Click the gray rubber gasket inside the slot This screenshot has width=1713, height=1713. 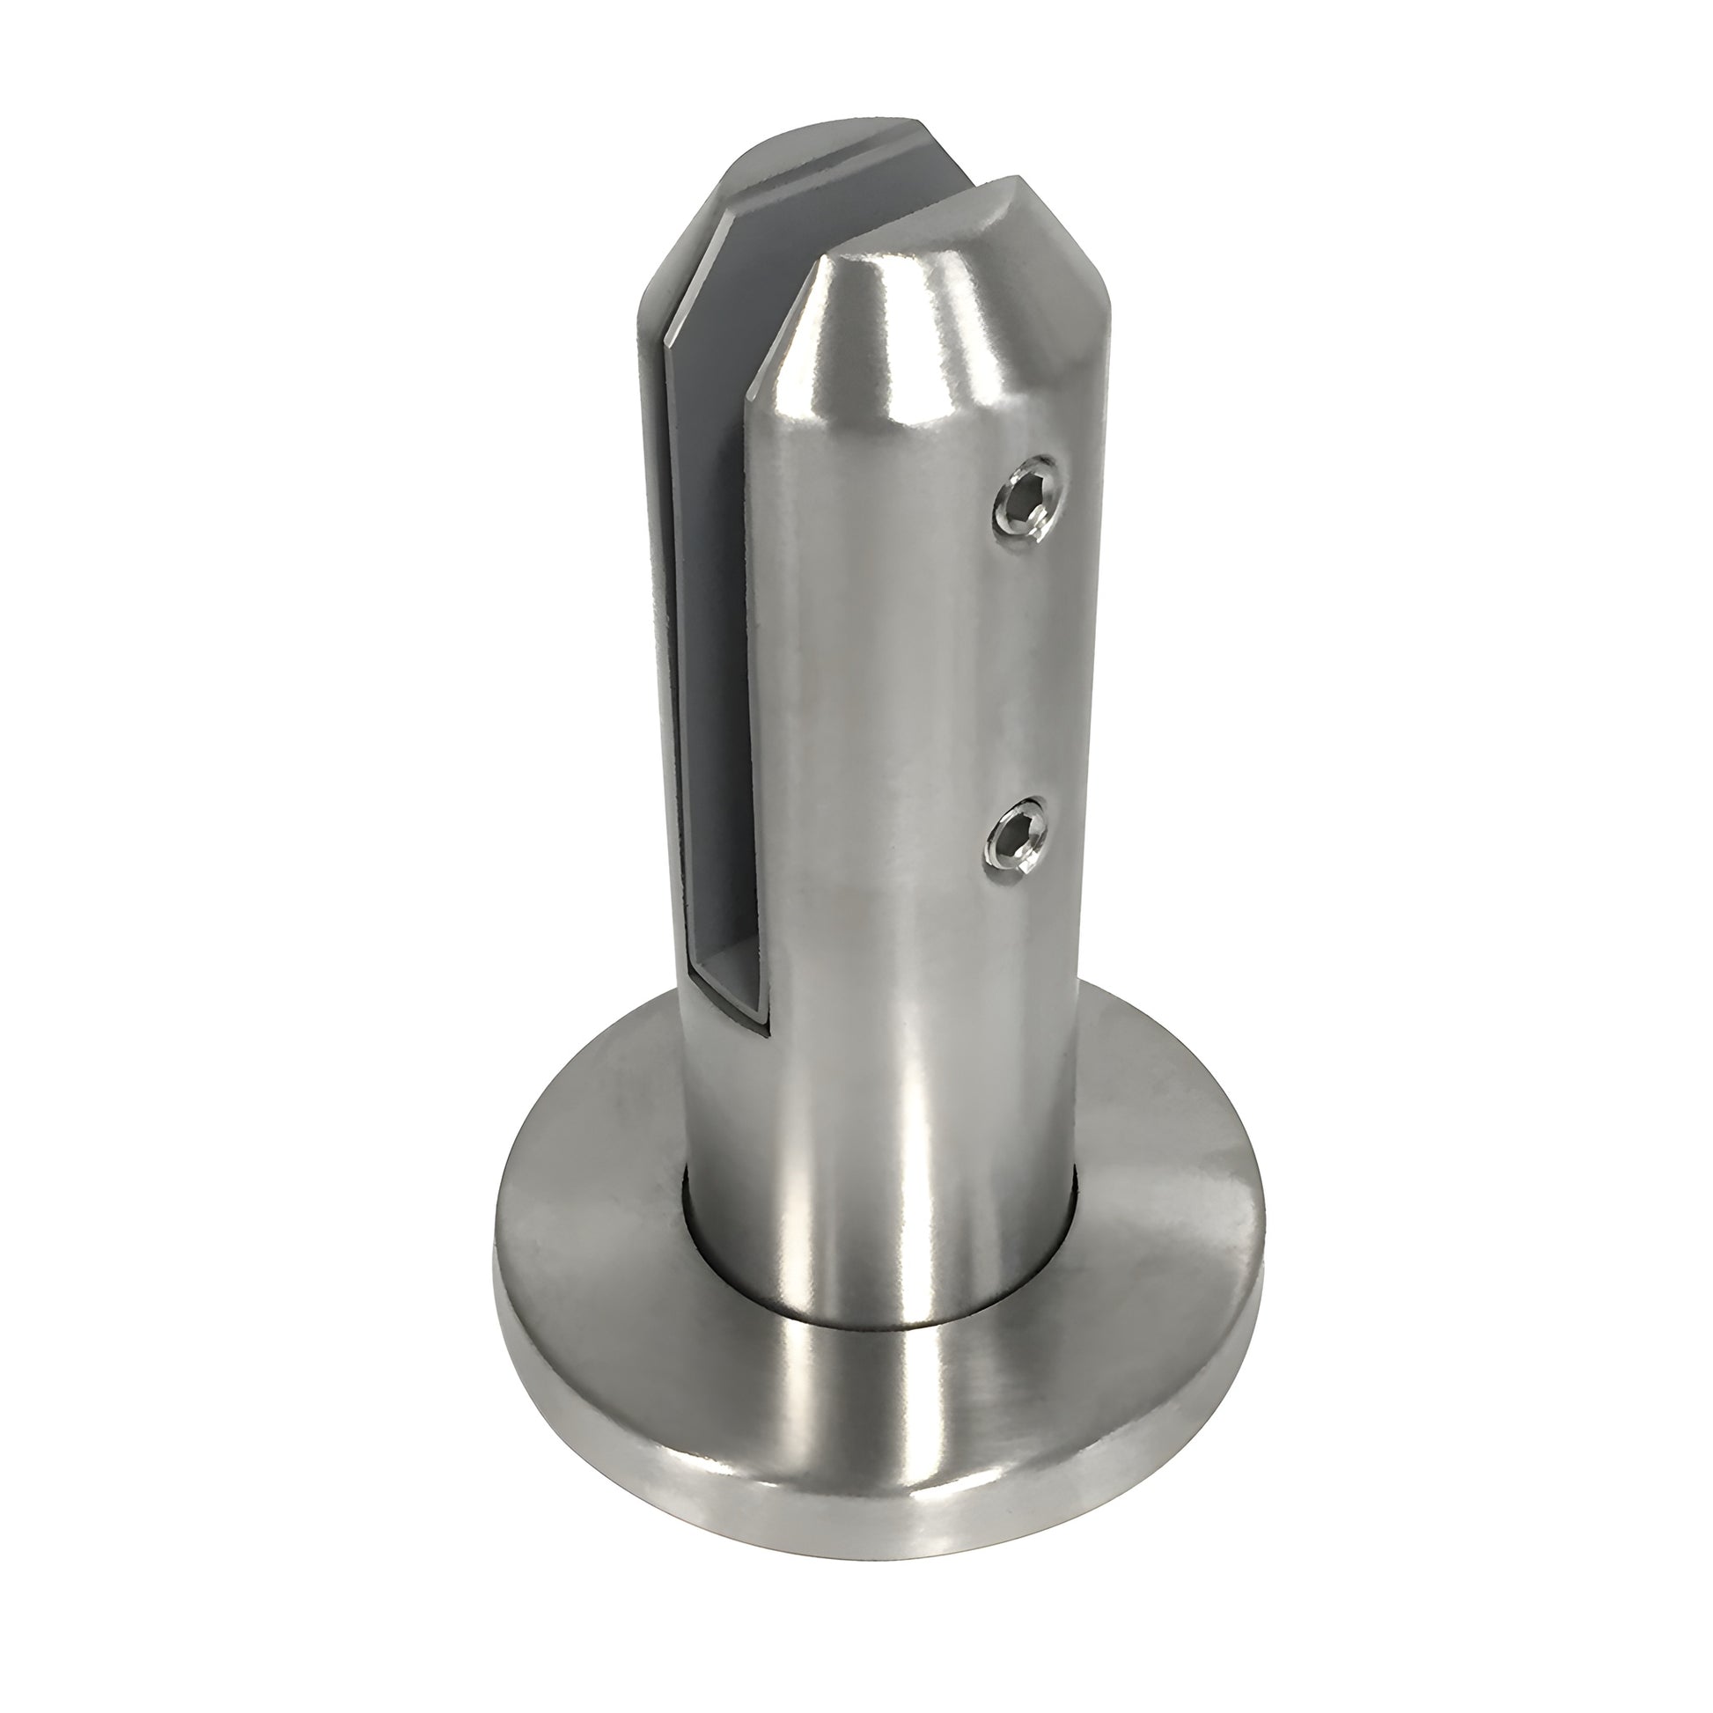[709, 621]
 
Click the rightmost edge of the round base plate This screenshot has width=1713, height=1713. [1266, 1232]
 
